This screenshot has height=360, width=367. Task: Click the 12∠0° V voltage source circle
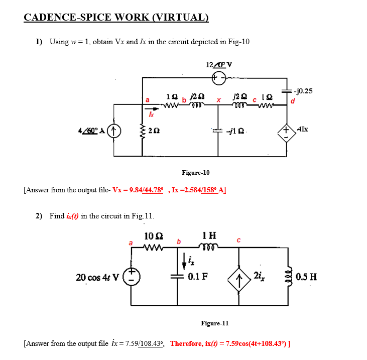(x=218, y=78)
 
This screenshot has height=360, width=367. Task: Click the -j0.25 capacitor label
(x=303, y=91)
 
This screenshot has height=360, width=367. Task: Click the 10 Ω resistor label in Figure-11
(x=153, y=236)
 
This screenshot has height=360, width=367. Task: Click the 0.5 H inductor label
(x=306, y=277)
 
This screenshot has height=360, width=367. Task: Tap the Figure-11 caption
(x=214, y=323)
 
